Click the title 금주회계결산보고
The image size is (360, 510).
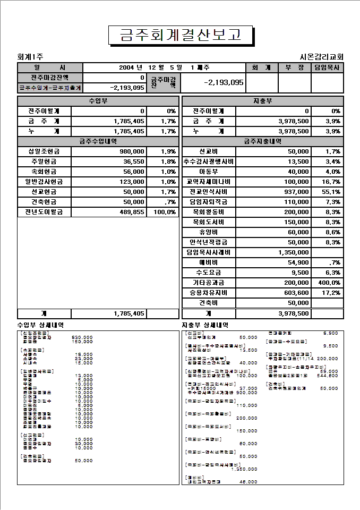180,35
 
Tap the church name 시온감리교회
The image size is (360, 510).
322,57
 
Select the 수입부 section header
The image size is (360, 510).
98,101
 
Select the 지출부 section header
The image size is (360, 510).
263,101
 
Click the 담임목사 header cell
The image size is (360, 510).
328,67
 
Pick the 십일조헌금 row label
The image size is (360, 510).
44,151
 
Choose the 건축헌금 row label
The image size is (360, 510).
44,202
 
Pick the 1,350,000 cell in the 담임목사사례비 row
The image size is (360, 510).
293,252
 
